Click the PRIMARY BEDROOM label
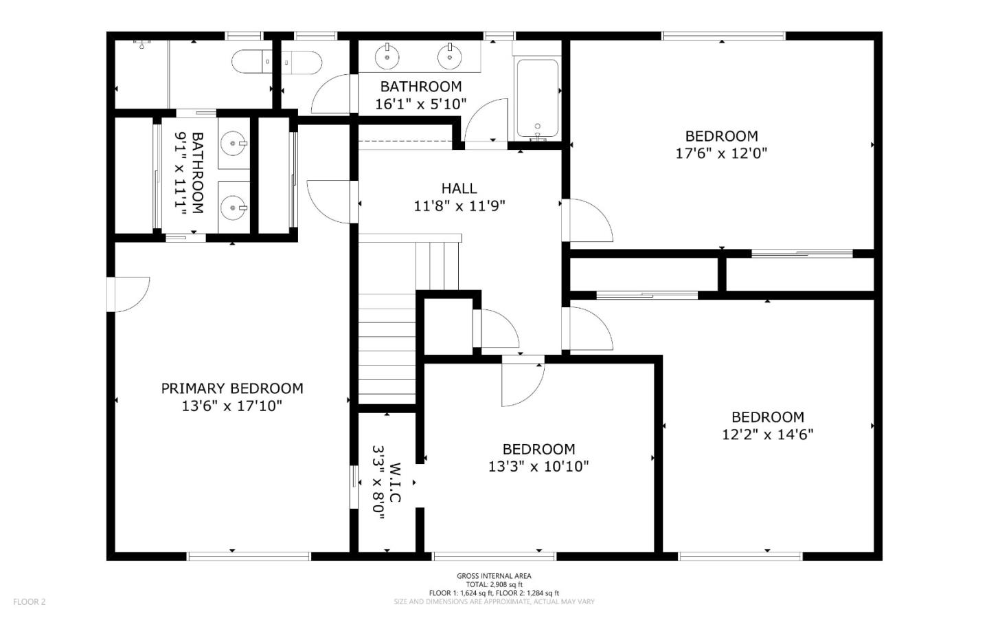pyautogui.click(x=232, y=388)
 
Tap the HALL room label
pyautogui.click(x=459, y=189)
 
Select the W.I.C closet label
pyautogui.click(x=395, y=483)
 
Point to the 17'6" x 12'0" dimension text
pyautogui.click(x=721, y=153)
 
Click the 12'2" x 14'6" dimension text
pyautogui.click(x=767, y=434)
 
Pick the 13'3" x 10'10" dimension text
pyautogui.click(x=538, y=466)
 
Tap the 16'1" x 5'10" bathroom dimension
pyautogui.click(x=421, y=104)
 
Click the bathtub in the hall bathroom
pyautogui.click(x=537, y=100)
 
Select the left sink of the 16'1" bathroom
pyautogui.click(x=387, y=56)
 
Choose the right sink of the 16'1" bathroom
pyautogui.click(x=449, y=56)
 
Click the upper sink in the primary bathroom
pyautogui.click(x=234, y=144)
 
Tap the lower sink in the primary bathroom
pyautogui.click(x=234, y=208)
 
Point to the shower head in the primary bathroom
pyautogui.click(x=141, y=44)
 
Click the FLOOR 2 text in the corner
pyautogui.click(x=29, y=602)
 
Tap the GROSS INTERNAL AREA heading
pyautogui.click(x=494, y=576)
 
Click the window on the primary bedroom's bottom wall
pyautogui.click(x=249, y=556)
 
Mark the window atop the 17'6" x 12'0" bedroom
pyautogui.click(x=724, y=36)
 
